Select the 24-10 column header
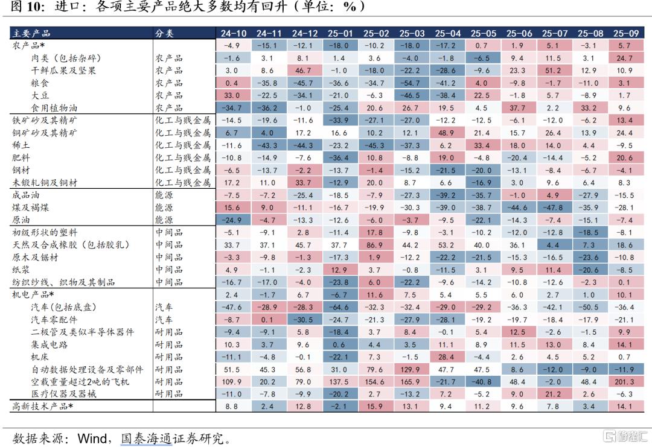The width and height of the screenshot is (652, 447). click(232, 33)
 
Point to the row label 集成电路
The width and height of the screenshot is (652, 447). click(50, 344)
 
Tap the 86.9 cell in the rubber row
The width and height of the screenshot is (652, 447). click(375, 245)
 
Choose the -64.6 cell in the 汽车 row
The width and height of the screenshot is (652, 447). click(339, 307)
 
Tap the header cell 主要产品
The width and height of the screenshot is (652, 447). click(31, 33)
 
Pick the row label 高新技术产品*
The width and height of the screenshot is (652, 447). click(43, 407)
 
